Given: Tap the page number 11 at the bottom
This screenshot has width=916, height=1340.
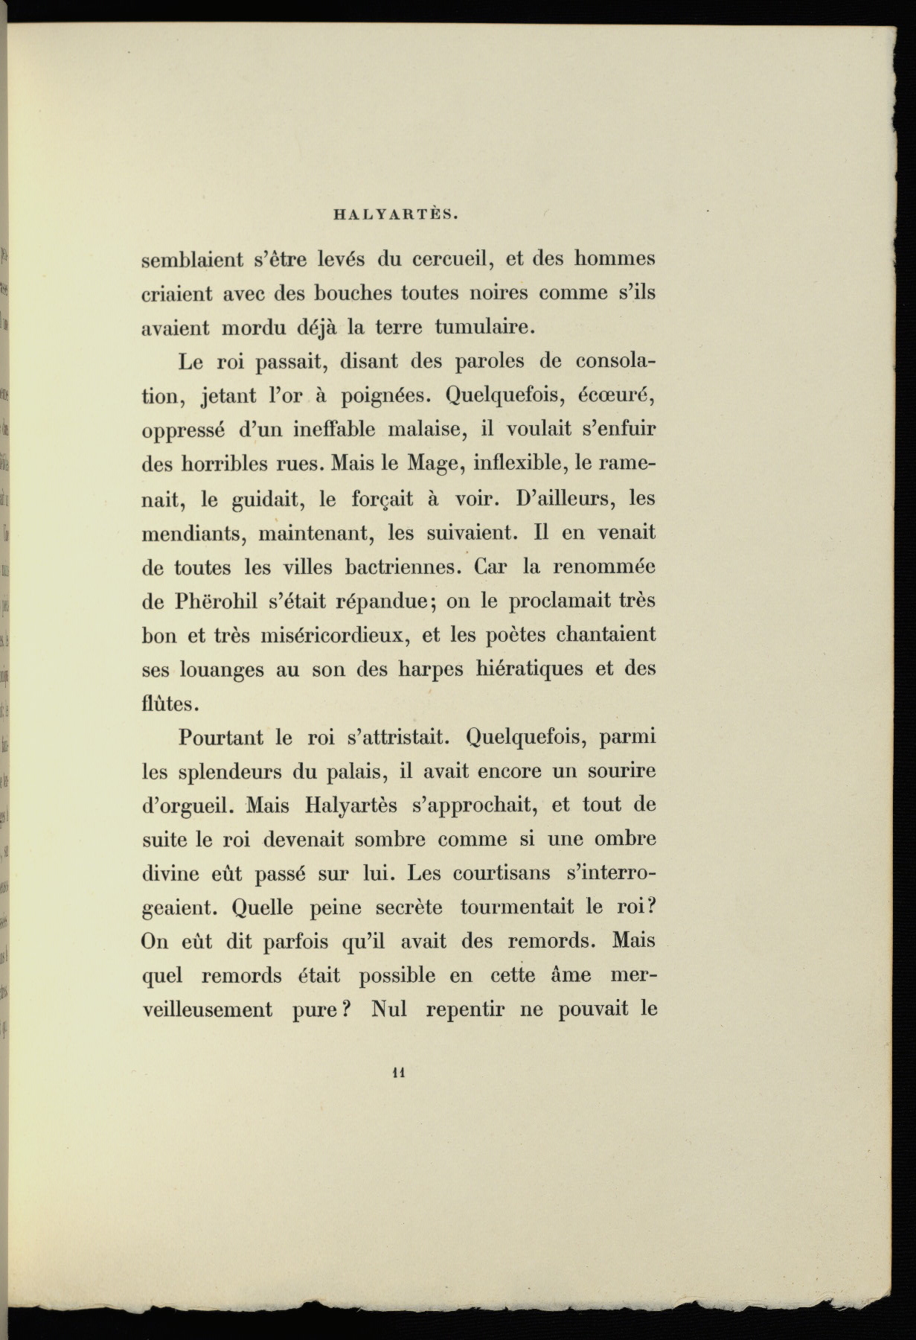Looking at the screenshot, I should pos(397,1073).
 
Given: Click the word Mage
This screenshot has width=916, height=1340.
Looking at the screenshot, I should pos(429,463).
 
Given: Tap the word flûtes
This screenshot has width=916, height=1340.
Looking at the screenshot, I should pos(170,702).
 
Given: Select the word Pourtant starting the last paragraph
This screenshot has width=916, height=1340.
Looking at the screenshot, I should pos(220,738).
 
